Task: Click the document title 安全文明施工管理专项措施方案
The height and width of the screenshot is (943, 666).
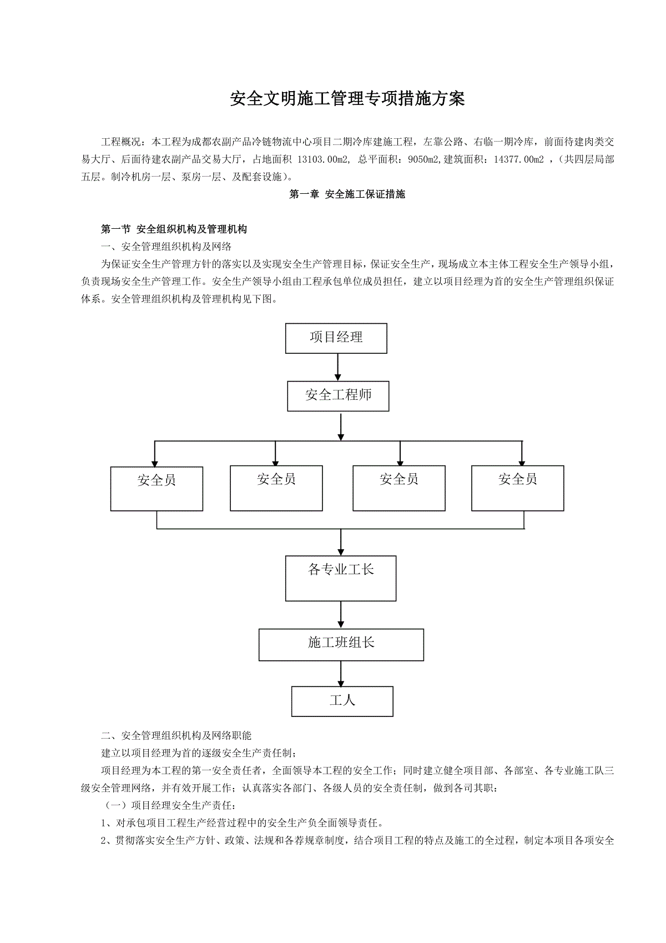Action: pos(347,99)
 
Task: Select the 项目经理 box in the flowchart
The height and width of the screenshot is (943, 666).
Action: pos(336,338)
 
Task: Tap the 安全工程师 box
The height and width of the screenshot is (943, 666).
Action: pos(338,396)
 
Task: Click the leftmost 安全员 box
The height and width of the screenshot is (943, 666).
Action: pos(157,488)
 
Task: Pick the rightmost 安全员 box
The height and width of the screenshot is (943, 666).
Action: pos(517,488)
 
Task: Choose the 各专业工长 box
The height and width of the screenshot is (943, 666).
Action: pos(341,579)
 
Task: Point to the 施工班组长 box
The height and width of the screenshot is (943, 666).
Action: pos(341,645)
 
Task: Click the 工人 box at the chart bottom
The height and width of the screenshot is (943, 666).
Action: pos(342,701)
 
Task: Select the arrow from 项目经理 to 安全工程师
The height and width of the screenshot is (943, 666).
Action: pos(337,367)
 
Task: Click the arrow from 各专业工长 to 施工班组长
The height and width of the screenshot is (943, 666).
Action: pos(341,615)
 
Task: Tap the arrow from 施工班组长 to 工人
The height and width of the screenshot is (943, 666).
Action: pos(341,674)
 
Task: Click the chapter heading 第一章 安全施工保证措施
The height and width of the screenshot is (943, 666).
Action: pos(347,194)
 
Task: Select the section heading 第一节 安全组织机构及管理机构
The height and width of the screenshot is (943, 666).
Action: pos(174,229)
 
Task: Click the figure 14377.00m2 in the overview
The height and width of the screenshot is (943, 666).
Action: pos(519,159)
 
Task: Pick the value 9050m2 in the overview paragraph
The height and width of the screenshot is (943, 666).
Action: pos(423,159)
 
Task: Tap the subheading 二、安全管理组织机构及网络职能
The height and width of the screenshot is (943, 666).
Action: pos(176,735)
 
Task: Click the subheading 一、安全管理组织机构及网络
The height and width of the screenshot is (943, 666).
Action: pos(166,247)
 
